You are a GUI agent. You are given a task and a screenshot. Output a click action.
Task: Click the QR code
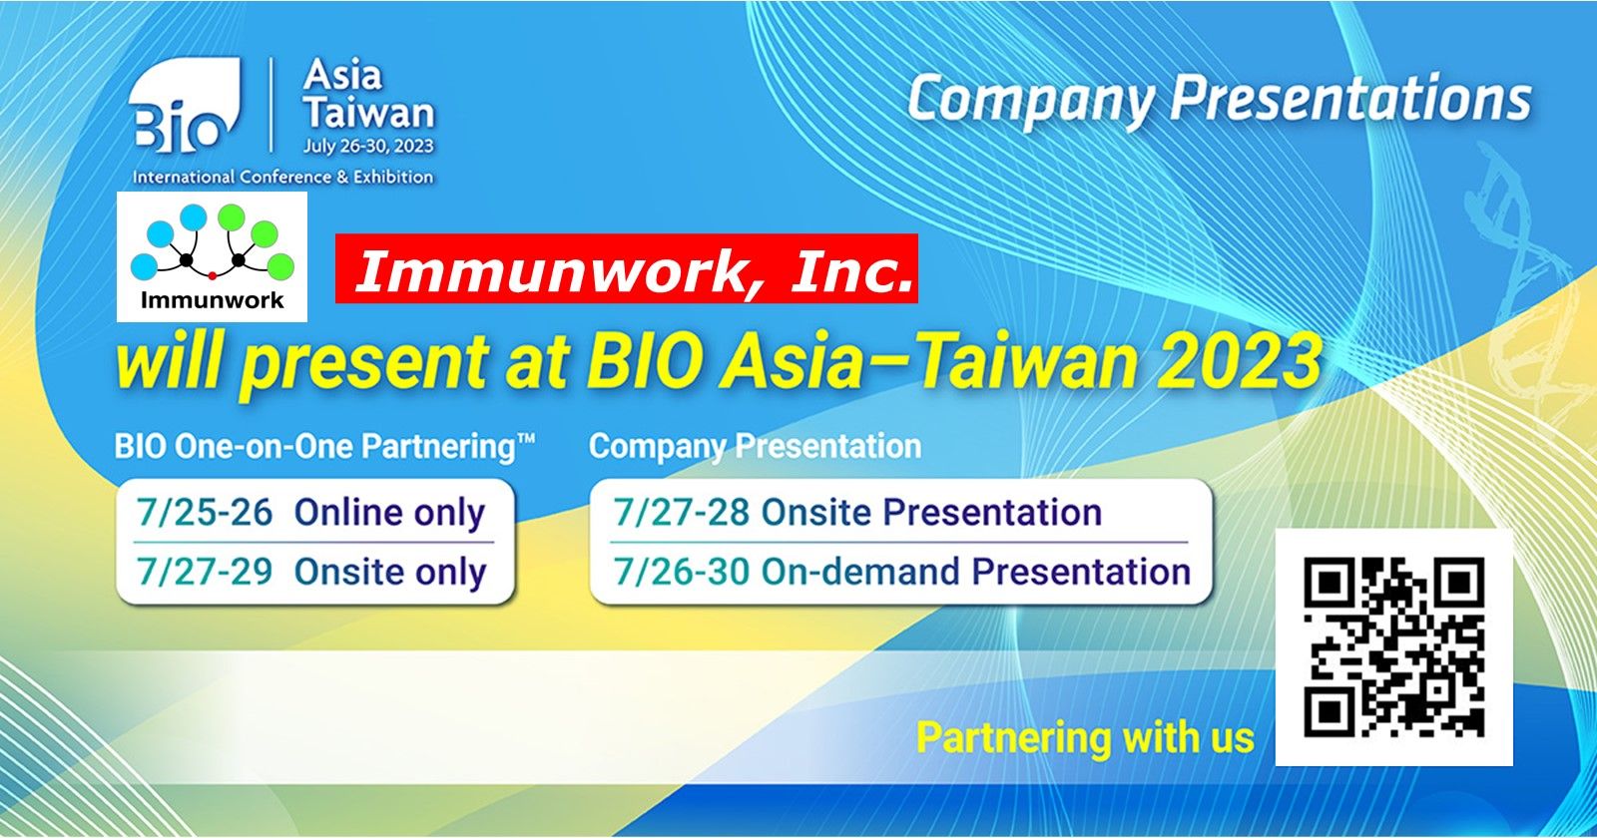(x=1394, y=647)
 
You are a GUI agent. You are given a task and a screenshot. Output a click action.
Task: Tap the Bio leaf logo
(x=185, y=106)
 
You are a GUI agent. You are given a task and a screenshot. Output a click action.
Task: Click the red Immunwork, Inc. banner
(x=627, y=268)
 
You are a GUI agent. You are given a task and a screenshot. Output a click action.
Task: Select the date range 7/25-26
(x=205, y=513)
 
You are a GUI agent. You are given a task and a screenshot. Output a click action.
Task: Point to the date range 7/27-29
(x=205, y=572)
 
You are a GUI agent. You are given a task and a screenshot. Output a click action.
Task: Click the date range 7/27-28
(x=682, y=513)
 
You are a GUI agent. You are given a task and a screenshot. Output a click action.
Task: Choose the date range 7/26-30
(x=682, y=572)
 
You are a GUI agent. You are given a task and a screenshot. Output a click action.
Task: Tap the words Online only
(x=390, y=514)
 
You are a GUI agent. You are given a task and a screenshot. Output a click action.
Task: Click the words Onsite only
(x=390, y=573)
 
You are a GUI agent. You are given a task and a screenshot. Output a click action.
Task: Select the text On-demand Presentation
(x=976, y=572)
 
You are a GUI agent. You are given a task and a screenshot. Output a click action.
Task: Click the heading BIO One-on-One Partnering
(x=324, y=448)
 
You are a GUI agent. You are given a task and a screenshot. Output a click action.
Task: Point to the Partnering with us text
(x=1085, y=737)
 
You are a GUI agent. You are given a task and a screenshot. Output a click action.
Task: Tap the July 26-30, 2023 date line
(x=368, y=146)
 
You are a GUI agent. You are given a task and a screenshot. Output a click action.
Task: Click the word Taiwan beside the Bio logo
(x=368, y=112)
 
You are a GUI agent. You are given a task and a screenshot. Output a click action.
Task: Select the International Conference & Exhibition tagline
(x=283, y=177)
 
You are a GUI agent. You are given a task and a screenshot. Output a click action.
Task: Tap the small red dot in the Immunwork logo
(x=212, y=275)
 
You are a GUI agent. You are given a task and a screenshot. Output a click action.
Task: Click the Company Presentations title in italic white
(x=1220, y=101)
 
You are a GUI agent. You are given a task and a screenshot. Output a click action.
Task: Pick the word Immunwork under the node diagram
(x=212, y=300)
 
